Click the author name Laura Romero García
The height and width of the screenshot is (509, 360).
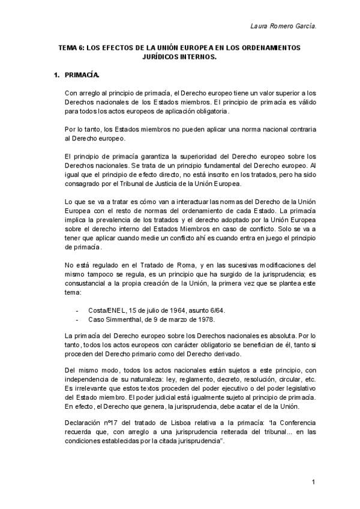point(282,26)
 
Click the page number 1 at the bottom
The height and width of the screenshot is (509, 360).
point(313,482)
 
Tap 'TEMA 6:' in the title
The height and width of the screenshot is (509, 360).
point(71,47)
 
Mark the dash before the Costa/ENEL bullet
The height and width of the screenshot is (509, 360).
point(77,310)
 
